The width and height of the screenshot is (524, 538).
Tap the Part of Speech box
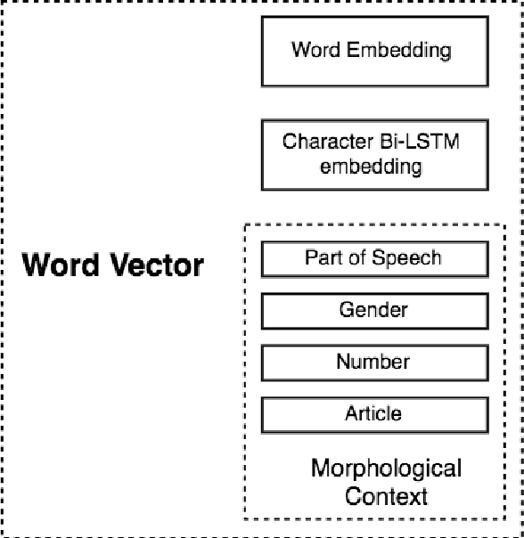click(x=373, y=258)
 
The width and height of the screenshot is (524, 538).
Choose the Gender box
click(x=373, y=310)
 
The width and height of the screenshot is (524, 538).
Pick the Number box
click(x=373, y=362)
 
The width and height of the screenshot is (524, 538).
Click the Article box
click(x=373, y=413)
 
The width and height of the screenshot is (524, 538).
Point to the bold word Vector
click(x=155, y=265)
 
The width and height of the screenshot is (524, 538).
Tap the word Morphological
click(x=386, y=468)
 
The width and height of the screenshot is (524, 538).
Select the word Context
click(x=386, y=495)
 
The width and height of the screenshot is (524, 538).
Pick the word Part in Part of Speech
click(x=321, y=258)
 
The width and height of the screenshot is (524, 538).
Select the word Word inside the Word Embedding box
click(x=313, y=49)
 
